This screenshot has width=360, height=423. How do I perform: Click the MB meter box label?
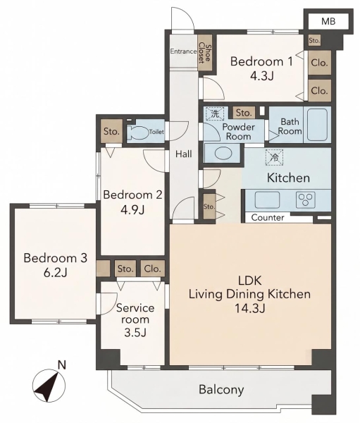pos(328,21)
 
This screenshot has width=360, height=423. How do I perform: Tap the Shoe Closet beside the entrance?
pos(205,53)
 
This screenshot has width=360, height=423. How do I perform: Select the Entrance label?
pos(183,51)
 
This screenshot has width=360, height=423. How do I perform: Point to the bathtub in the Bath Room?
pos(318,125)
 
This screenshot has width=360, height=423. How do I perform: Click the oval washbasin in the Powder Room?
pos(223,154)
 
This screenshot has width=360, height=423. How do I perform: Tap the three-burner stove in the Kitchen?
pos(306,200)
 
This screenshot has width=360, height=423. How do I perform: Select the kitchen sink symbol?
pos(267,200)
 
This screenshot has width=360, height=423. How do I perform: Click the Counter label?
pos(268,217)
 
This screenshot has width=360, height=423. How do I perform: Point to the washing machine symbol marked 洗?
pos(215,114)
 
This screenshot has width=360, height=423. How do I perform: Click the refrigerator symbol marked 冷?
pos(275,157)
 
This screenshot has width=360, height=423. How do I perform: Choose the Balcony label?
pos(221,390)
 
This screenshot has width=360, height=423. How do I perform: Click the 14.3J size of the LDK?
pos(249,308)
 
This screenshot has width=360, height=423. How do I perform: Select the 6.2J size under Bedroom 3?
pos(56,273)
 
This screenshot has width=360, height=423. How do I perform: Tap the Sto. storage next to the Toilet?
pos(111,131)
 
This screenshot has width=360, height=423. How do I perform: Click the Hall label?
pos(184,154)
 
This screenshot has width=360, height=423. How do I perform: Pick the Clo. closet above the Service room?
pos(153,269)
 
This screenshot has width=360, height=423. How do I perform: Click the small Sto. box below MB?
pos(314,41)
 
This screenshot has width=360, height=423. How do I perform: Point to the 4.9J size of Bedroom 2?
pos(132,209)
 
